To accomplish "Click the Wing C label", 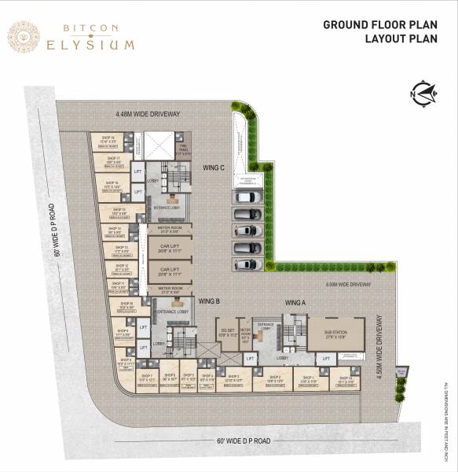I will point(214,168).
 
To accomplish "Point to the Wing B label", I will point(208,301).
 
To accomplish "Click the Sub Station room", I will point(335,335).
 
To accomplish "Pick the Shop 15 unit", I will point(119,212).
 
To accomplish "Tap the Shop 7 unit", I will point(146,381).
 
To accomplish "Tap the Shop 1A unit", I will point(344,381).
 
